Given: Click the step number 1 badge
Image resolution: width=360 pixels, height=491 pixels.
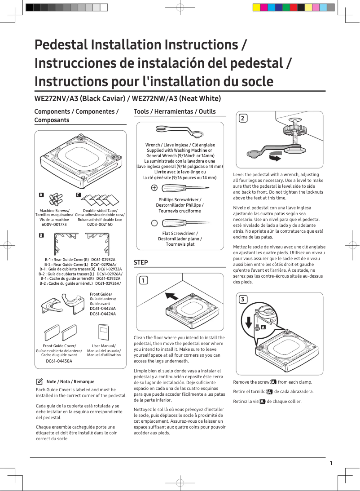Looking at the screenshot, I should coord(143,281).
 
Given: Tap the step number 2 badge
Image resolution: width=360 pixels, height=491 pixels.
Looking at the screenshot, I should coord(242,119).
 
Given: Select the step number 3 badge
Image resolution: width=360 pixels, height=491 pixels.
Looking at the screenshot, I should coord(242,300).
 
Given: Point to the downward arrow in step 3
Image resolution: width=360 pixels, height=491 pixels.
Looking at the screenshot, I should coord(249,322).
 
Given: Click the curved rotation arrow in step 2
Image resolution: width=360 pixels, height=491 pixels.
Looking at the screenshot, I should coord(274,157).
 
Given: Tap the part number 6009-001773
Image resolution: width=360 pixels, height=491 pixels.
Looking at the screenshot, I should coord(54,224).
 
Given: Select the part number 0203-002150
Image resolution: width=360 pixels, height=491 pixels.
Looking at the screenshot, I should coord(100,224).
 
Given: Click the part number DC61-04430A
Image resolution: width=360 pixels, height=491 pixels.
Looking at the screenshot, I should coord(59,361).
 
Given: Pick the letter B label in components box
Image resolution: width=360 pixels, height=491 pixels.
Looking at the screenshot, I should coord(41,235).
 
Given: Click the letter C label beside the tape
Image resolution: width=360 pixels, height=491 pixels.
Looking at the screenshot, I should coord(78,195).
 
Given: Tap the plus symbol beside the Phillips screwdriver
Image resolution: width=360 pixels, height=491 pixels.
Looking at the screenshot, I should coord(154,188).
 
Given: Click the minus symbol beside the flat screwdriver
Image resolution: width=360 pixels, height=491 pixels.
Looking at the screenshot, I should coord(154,222).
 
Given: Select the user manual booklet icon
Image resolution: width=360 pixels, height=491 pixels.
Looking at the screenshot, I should coord(104,334).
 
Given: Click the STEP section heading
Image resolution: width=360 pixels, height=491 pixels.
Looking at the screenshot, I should coord(140,262).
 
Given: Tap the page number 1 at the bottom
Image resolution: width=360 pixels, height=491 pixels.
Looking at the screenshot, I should coord(331,463).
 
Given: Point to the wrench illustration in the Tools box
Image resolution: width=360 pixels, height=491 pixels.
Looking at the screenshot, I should coord(180,132).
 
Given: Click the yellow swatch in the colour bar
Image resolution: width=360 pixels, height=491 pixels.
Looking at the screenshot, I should coord(256,7).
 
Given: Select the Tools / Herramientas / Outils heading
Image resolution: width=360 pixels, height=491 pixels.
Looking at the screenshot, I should coord(175,111).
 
